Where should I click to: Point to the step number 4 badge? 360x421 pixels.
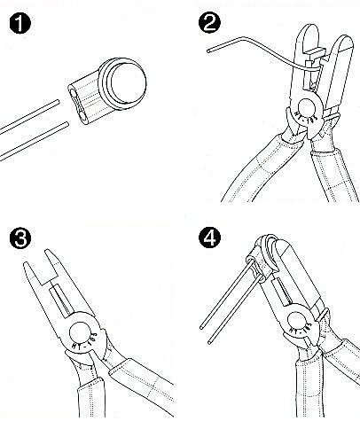(x=203, y=238)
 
